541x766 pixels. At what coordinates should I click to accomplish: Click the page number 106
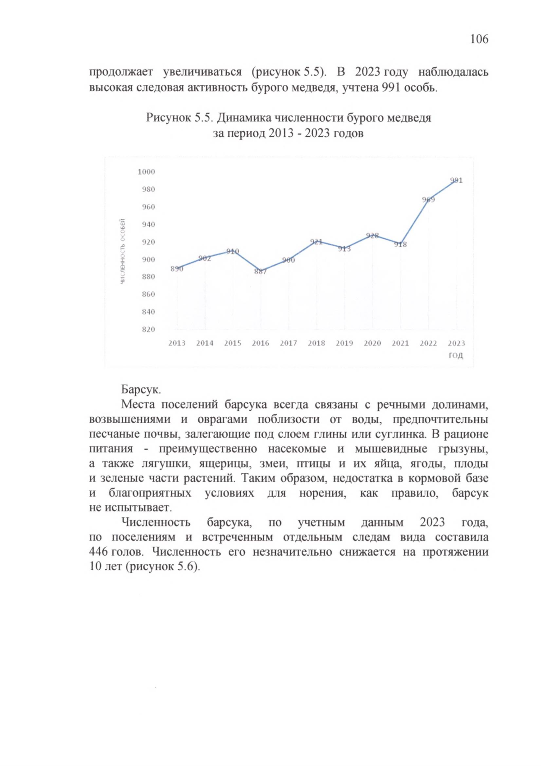tap(479, 39)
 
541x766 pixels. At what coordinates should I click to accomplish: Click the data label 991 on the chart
tap(456, 180)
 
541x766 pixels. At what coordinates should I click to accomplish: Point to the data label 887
tap(261, 272)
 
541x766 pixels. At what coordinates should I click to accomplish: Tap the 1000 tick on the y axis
tap(146, 172)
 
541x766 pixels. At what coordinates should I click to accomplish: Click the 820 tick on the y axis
tap(148, 329)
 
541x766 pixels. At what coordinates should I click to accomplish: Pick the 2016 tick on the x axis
tap(261, 343)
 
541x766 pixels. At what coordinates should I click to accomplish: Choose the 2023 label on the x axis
tap(456, 343)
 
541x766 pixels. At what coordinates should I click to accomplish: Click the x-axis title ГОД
tap(456, 356)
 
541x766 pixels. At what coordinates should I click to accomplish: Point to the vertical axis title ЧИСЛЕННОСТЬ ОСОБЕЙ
tap(123, 251)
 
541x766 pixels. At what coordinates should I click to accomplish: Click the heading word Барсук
tap(141, 389)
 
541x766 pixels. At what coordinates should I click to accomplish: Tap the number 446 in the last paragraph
tap(98, 552)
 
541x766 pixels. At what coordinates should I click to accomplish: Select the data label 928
tap(372, 235)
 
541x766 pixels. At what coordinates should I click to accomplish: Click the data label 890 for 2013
tap(176, 269)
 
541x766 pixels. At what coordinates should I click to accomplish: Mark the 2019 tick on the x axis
tap(344, 343)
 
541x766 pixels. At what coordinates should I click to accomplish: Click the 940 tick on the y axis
tap(148, 224)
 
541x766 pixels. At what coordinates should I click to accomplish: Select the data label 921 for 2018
tap(316, 242)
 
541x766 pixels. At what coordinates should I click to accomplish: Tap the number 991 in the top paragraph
tap(391, 87)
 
